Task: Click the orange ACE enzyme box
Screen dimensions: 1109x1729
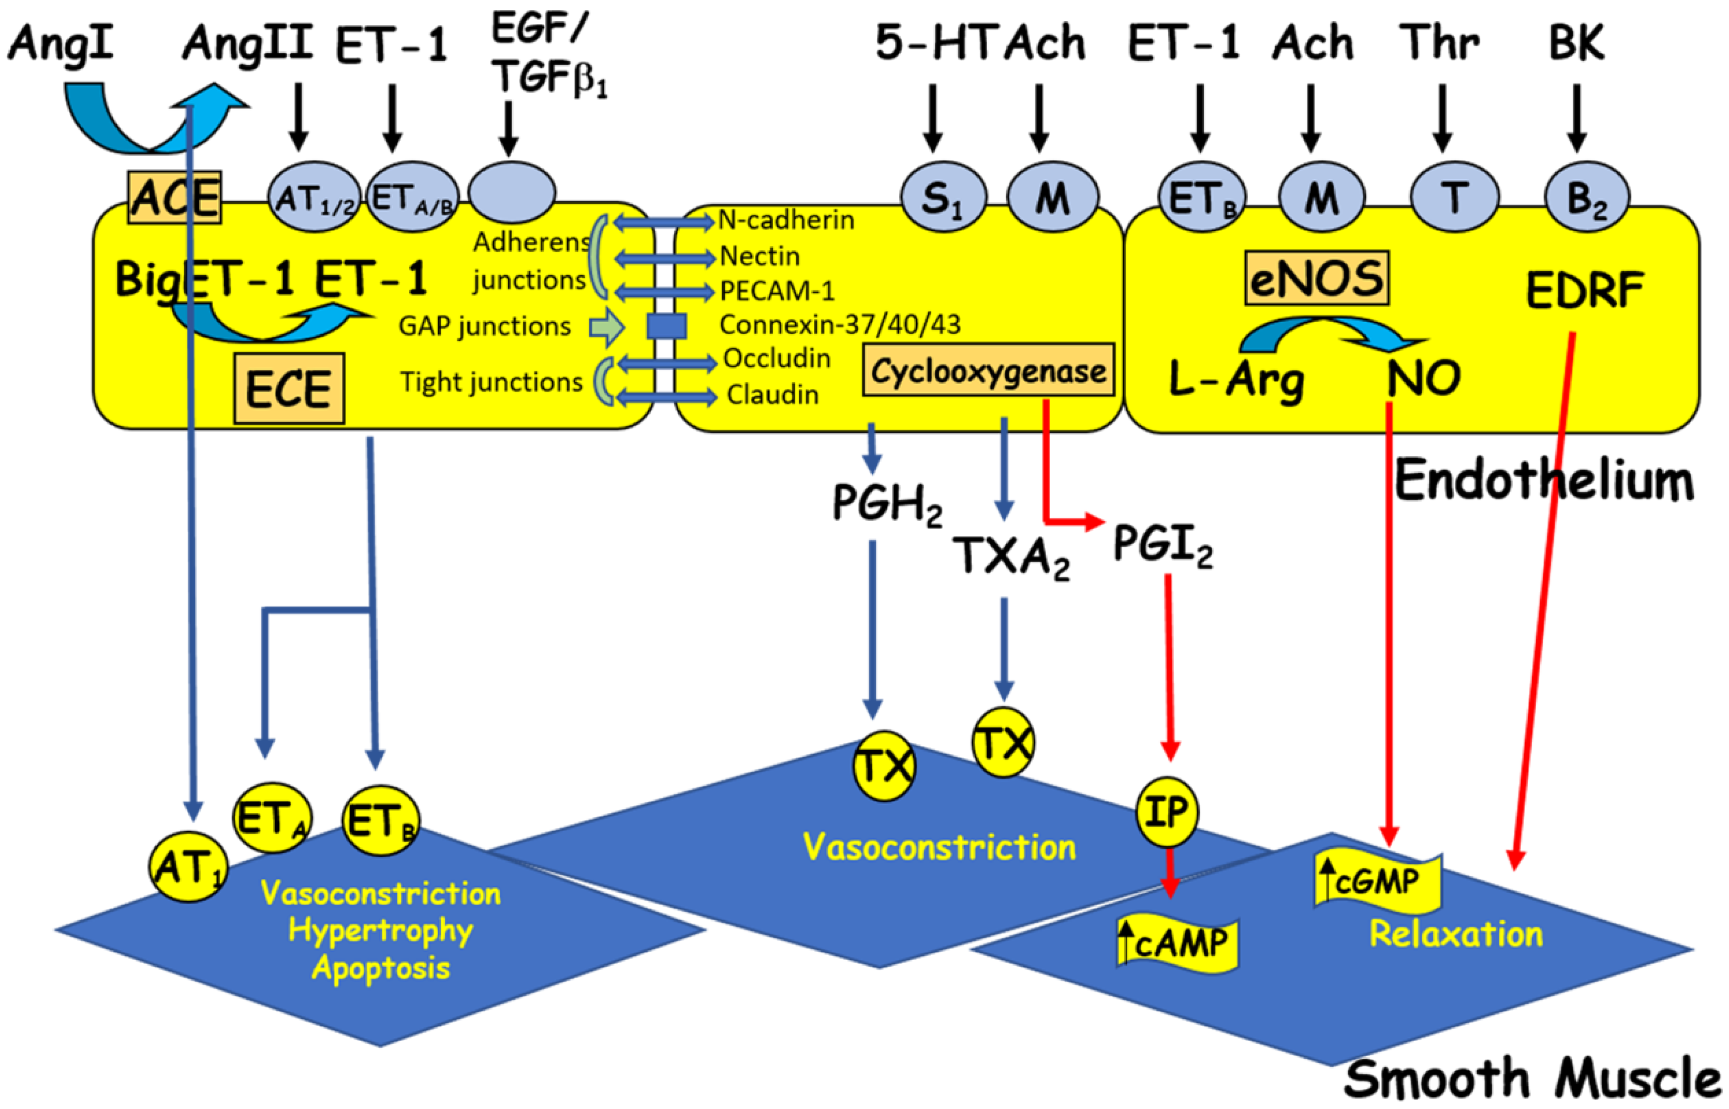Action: click(x=174, y=197)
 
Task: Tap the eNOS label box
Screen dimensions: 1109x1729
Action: click(x=1316, y=278)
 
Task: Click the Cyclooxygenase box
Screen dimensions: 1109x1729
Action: click(x=988, y=370)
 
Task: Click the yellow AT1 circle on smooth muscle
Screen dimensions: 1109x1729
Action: click(x=189, y=866)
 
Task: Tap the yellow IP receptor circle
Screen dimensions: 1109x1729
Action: click(x=1167, y=812)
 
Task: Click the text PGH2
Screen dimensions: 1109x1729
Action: click(x=886, y=503)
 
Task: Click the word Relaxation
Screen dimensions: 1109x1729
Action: click(x=1455, y=934)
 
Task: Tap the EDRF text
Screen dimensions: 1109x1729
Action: click(x=1584, y=290)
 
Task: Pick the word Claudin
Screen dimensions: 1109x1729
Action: click(x=772, y=395)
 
